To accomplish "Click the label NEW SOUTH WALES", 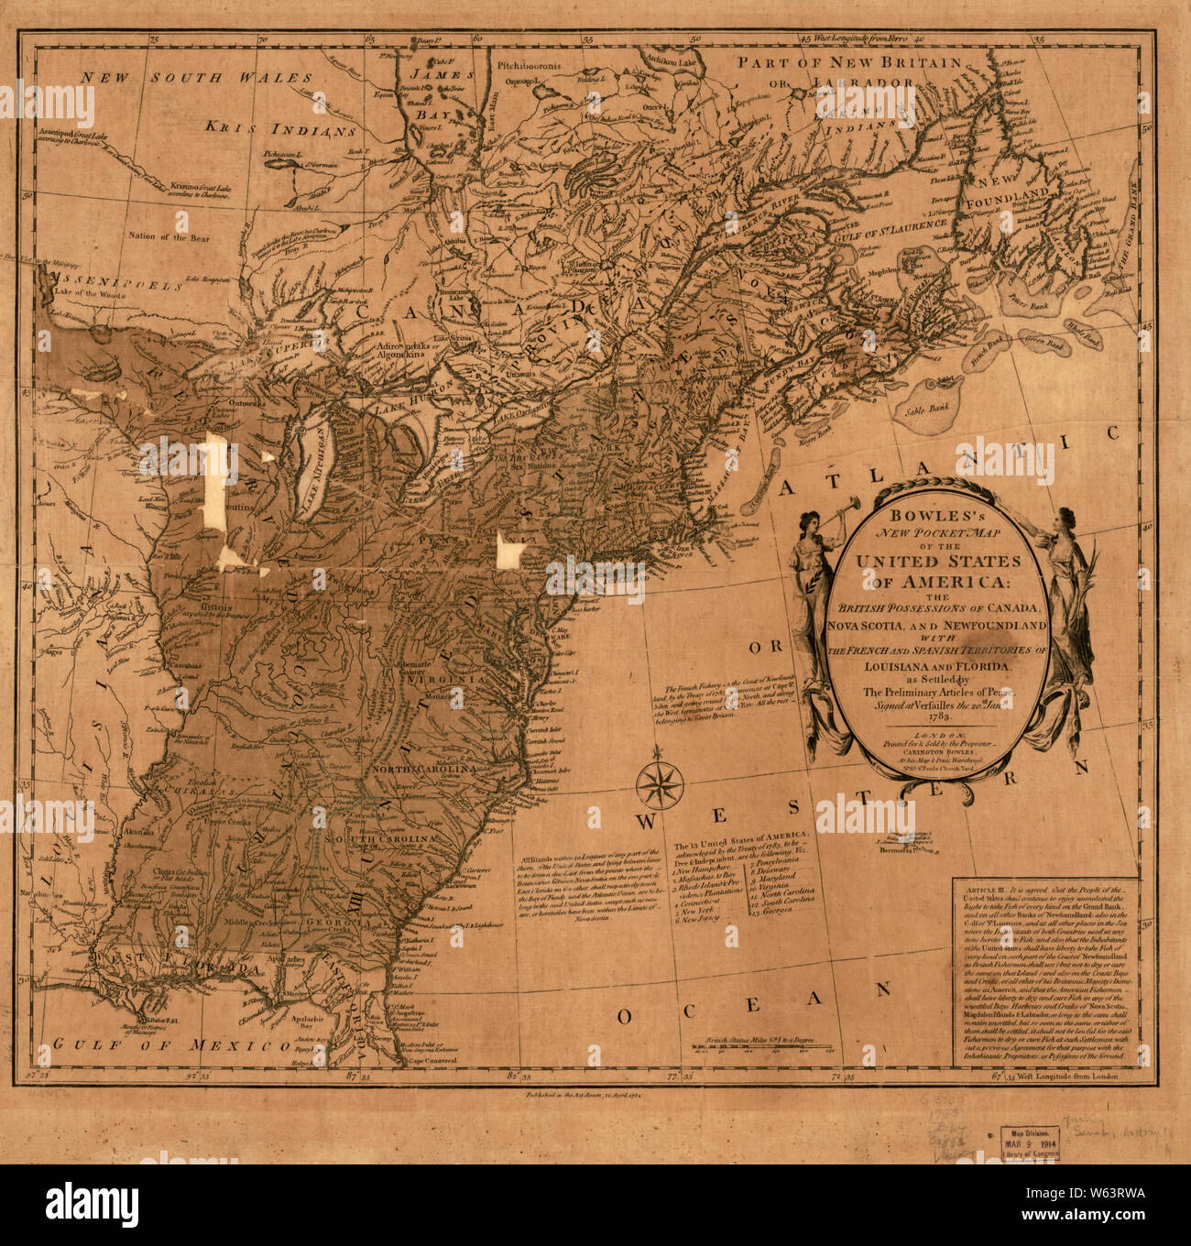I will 196,78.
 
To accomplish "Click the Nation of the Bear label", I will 169,238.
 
